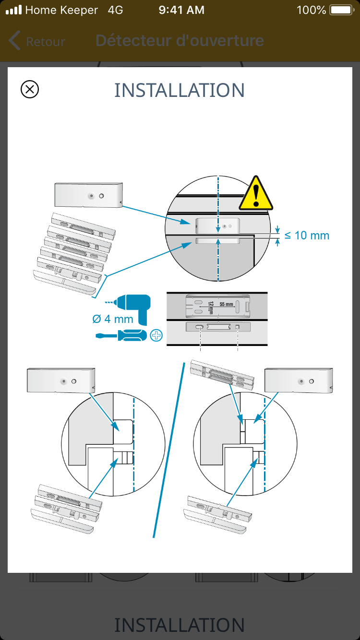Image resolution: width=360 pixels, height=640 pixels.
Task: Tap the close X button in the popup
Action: coord(30,89)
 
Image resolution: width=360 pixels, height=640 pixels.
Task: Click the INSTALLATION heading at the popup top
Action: coord(180,90)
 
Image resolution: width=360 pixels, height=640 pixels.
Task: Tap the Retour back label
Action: coord(45,42)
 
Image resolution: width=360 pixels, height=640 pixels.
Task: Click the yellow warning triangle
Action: coord(256,193)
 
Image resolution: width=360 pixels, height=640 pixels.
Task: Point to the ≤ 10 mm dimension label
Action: coord(307,236)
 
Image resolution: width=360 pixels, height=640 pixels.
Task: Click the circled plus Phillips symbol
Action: coord(156,335)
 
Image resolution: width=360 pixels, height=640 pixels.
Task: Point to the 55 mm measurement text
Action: coord(226,305)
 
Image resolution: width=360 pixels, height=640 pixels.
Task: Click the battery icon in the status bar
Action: coord(341,10)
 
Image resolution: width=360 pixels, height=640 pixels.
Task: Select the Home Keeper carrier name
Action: coord(61,10)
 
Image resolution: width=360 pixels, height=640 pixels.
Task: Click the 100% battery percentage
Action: coord(311,10)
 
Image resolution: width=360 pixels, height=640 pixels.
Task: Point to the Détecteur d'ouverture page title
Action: coord(180,41)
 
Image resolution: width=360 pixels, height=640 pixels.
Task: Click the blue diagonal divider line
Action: coord(168,451)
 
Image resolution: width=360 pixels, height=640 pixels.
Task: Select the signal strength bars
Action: coord(13,10)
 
